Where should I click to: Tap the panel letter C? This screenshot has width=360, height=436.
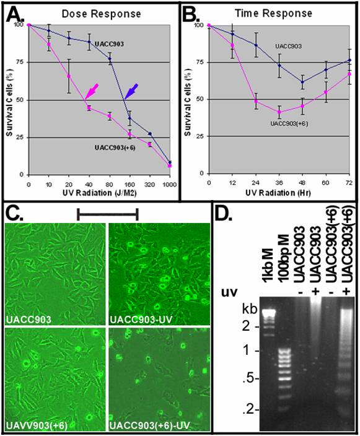coord(15,214)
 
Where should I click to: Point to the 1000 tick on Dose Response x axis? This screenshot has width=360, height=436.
coord(169,184)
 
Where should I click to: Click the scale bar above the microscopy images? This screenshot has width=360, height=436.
coord(107,214)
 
